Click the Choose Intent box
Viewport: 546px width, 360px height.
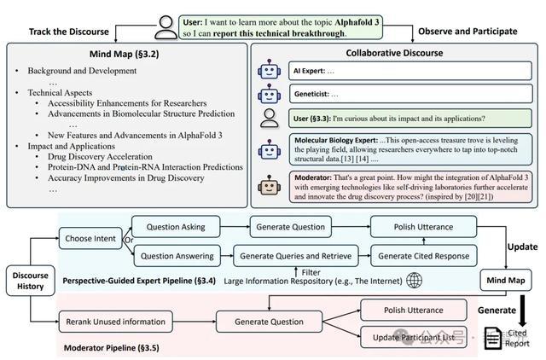click(x=90, y=239)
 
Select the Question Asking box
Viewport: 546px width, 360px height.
click(x=176, y=227)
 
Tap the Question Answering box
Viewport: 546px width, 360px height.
click(x=177, y=256)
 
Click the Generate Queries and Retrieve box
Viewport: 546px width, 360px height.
click(x=296, y=256)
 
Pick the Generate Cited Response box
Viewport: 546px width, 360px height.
click(x=424, y=256)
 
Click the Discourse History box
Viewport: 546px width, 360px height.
click(x=31, y=281)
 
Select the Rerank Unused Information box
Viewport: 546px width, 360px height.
click(x=116, y=322)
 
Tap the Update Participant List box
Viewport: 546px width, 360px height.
click(x=414, y=337)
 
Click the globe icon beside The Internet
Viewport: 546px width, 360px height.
click(x=415, y=281)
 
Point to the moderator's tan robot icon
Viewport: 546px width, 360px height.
click(x=270, y=186)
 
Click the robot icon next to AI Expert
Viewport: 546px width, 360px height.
click(x=270, y=70)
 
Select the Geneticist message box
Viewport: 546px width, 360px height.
click(x=411, y=94)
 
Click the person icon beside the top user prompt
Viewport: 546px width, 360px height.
click(x=166, y=27)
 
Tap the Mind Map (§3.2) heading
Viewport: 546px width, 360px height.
click(x=125, y=54)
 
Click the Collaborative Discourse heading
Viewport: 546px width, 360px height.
click(x=394, y=53)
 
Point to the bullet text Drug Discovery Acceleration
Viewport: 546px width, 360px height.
click(x=100, y=157)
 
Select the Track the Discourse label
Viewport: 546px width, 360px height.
click(x=69, y=32)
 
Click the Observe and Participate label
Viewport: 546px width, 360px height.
click(x=468, y=32)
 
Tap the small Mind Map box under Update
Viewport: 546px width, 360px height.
click(x=506, y=281)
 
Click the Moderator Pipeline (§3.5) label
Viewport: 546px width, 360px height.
click(x=112, y=348)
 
